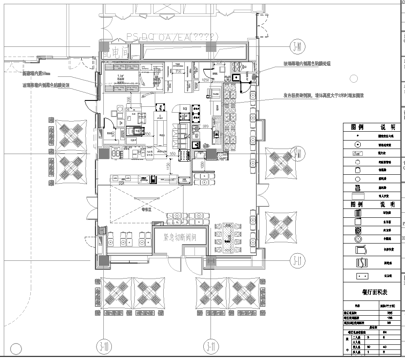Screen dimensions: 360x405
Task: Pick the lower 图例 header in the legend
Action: (349, 201)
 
